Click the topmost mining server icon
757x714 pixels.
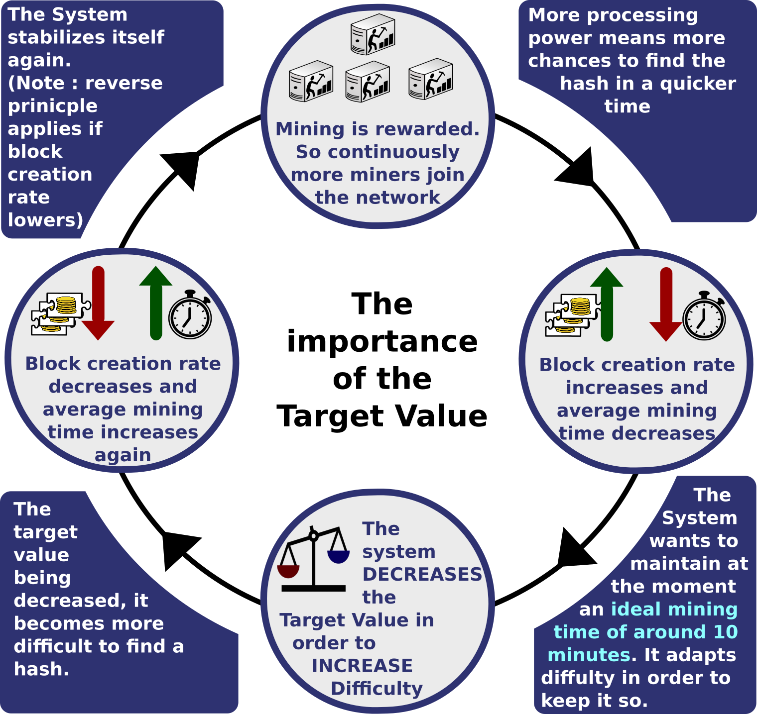point(373,34)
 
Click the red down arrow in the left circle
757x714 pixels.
point(98,304)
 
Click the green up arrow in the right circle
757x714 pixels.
point(607,304)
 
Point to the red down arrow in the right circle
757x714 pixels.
point(666,305)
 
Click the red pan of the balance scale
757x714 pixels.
point(288,571)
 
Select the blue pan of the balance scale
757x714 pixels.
point(338,556)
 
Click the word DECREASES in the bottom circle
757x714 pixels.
point(422,574)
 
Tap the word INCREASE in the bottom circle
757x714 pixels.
point(362,666)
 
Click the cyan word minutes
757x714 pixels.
point(589,655)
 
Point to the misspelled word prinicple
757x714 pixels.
point(52,106)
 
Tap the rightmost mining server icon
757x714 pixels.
point(431,79)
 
